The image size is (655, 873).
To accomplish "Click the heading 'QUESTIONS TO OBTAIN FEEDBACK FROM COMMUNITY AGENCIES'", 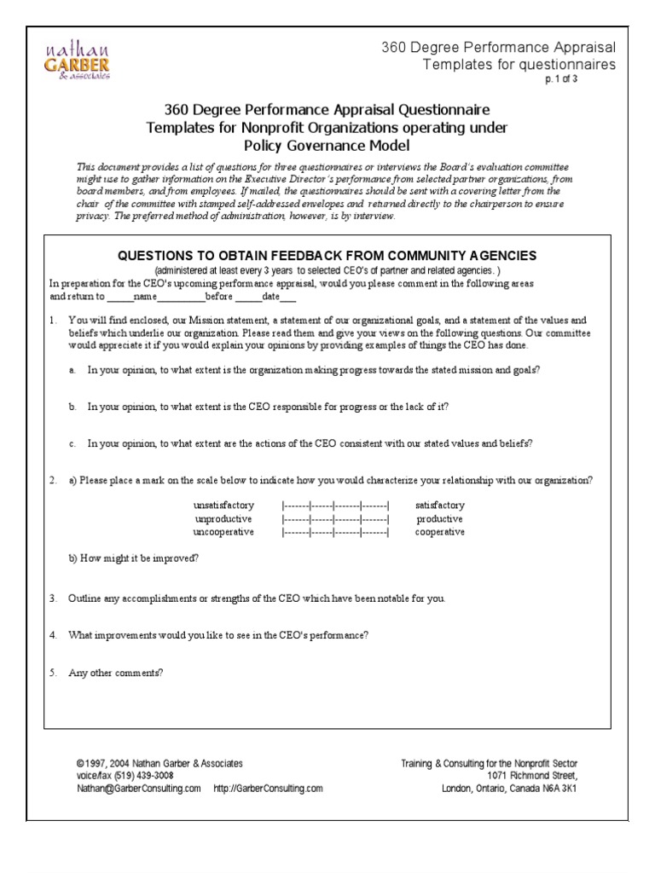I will (327, 255).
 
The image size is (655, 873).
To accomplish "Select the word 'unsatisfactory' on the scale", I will (224, 506).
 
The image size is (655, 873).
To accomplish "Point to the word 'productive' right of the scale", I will (439, 519).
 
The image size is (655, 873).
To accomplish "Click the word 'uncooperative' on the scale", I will (223, 532).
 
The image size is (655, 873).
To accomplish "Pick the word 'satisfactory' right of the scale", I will (439, 506).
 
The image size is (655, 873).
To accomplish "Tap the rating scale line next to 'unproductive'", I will (335, 519).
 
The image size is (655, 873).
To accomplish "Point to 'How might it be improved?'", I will (134, 558).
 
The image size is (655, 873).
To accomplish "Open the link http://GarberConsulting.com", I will (268, 789).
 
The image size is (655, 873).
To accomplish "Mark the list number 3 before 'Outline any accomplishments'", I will (53, 598).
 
